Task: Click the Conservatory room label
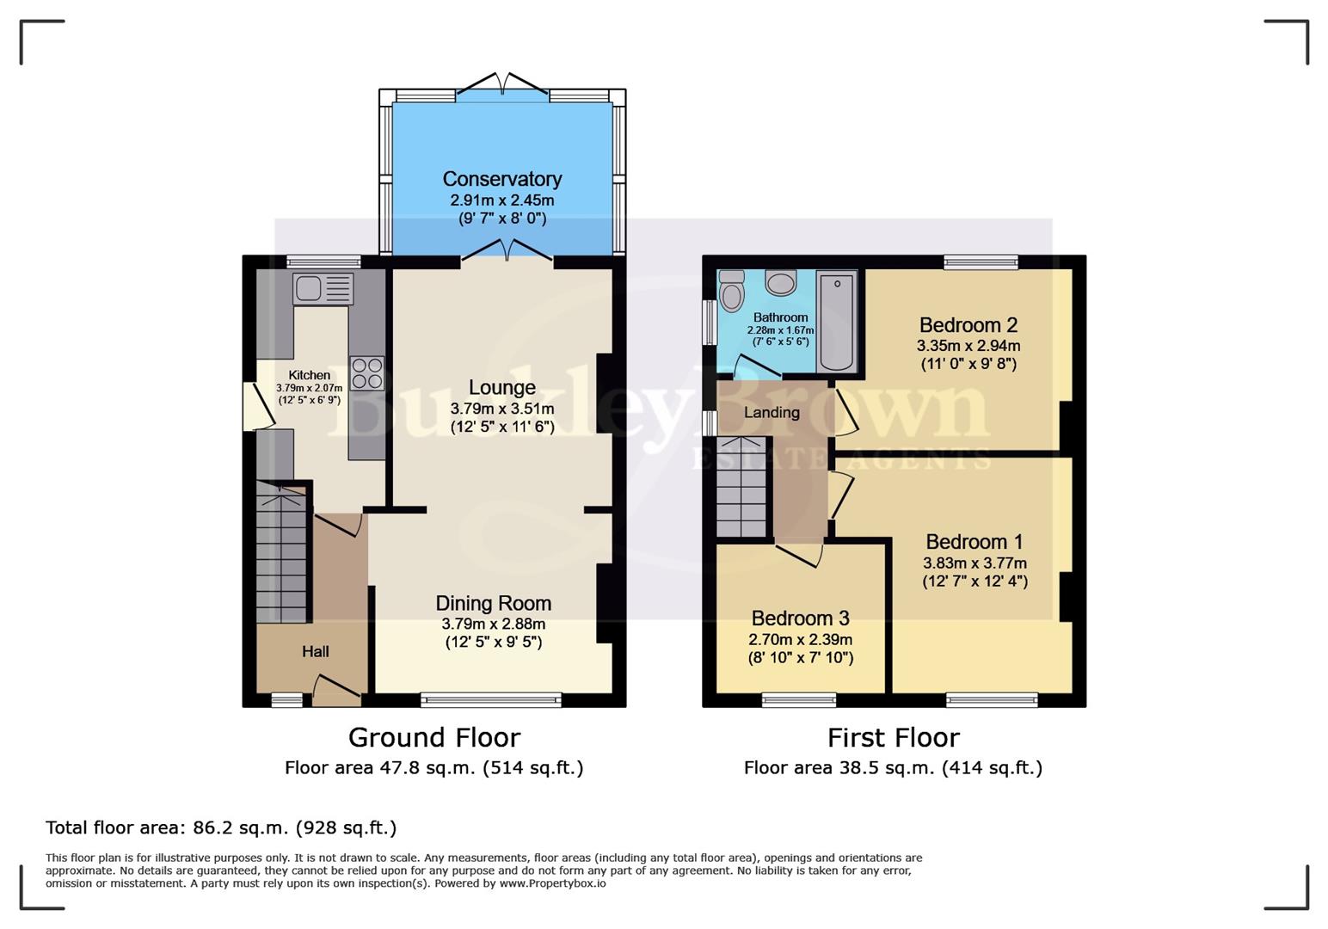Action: point(502,179)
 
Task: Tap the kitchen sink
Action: point(323,289)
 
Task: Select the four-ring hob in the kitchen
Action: point(366,373)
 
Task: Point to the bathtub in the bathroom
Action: point(836,322)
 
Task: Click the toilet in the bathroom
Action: point(732,292)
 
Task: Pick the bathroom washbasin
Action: point(781,282)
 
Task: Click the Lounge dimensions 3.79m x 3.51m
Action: point(502,409)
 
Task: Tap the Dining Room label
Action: point(493,603)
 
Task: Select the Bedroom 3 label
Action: point(800,618)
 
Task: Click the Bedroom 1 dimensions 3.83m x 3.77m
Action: point(974,563)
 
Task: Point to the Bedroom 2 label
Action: point(968,325)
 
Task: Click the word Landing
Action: point(772,413)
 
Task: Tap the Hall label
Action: point(315,652)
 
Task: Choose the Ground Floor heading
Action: point(434,738)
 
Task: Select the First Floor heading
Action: point(893,738)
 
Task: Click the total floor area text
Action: point(221,827)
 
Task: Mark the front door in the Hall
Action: point(335,688)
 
